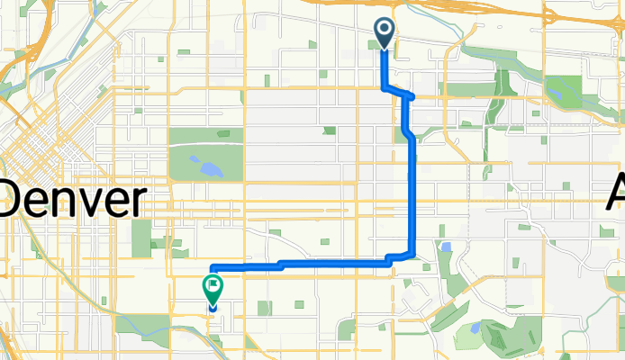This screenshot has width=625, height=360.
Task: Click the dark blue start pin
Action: coord(385,33)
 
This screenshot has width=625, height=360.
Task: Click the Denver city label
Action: coord(74,198)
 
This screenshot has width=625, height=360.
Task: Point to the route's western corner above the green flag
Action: coord(212,268)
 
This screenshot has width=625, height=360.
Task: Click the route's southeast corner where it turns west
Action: coord(412,255)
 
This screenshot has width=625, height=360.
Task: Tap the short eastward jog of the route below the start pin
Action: coord(398,92)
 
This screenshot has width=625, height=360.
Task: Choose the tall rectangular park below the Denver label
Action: coord(141,237)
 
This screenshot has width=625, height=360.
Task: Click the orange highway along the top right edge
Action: coord(558,13)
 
